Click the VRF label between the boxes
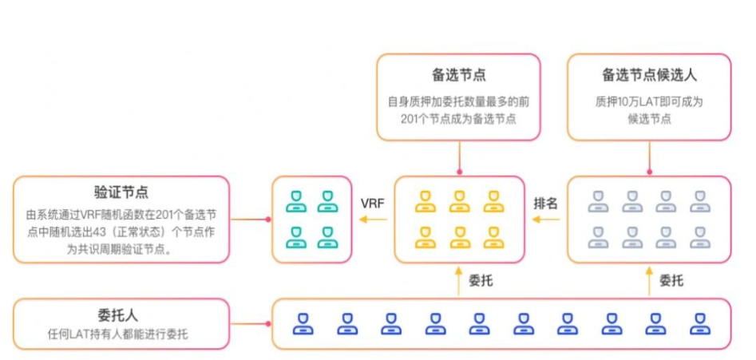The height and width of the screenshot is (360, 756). tap(372, 203)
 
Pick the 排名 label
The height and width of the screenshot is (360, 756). tap(545, 203)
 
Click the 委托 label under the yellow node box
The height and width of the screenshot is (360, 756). tap(481, 280)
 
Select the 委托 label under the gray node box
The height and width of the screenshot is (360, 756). tap(671, 280)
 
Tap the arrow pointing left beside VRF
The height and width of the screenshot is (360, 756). tap(372, 220)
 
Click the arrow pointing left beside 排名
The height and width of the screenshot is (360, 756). tap(545, 220)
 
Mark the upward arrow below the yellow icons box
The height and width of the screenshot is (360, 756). tap(459, 280)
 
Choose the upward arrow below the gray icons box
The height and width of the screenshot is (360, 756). tap(649, 280)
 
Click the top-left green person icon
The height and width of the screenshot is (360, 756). tap(296, 201)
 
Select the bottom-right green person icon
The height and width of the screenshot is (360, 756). tap(327, 237)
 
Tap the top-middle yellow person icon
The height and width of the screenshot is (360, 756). tap(459, 201)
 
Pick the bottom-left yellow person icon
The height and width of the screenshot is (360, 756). tap(425, 237)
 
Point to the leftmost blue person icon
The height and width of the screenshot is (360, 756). tap(303, 323)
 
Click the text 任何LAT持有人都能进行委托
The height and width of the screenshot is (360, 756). tap(121, 334)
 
